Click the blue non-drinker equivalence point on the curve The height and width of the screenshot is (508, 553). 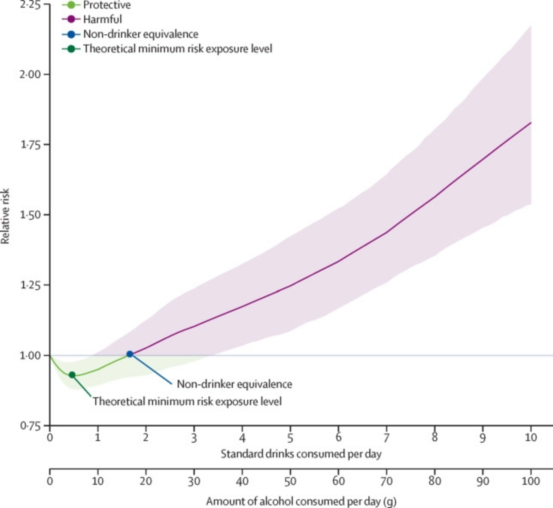pos(130,354)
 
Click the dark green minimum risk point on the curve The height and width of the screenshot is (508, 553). pos(72,375)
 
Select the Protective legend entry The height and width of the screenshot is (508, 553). pos(107,5)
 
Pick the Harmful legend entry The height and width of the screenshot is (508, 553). pos(103,19)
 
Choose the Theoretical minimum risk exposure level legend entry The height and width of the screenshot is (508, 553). pos(177,48)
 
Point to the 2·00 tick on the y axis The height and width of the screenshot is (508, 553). pos(30,74)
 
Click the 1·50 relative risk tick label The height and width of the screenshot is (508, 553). pos(30,215)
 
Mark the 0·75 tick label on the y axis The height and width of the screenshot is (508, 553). pos(30,426)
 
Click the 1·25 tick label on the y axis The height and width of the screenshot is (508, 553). pos(30,285)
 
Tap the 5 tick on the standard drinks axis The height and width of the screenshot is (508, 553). pos(290,438)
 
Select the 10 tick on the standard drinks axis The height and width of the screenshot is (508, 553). pos(531,438)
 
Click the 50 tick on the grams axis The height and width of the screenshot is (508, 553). pos(290,481)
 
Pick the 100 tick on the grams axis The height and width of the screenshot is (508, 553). pos(531,481)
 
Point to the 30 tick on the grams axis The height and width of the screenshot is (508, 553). pos(194,481)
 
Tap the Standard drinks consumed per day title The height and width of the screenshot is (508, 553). pos(301,454)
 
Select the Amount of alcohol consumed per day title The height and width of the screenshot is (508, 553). pos(301,501)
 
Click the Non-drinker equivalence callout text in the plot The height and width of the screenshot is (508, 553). pos(234,384)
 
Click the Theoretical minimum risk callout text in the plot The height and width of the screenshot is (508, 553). pos(187,402)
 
